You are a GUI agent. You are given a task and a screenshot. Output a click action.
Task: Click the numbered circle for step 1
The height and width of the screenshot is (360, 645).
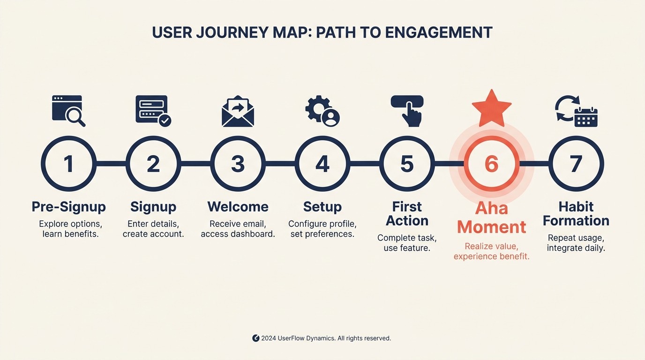pos(68,164)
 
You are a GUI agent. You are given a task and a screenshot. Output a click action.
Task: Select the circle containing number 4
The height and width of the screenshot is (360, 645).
pos(322,164)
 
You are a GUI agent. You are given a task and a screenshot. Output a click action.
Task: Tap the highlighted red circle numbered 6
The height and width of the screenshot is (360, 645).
pos(491,164)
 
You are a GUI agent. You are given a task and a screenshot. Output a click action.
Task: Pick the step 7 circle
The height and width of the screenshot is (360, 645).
pos(576,164)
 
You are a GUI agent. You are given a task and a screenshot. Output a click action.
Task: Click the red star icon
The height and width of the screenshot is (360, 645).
pos(491,107)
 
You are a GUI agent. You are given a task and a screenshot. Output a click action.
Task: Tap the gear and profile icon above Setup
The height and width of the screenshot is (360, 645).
pos(322,111)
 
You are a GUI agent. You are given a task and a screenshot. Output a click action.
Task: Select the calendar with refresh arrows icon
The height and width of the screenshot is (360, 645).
pos(576,111)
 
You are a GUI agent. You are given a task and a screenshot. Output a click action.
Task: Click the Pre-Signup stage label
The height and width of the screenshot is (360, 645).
pos(68,207)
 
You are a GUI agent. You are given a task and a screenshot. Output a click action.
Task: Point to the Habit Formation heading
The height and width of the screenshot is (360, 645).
pos(576,214)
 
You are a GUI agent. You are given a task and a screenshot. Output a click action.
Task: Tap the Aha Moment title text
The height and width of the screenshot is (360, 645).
pos(491,217)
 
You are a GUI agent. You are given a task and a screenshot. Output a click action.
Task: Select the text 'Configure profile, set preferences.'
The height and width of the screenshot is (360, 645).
pos(322,229)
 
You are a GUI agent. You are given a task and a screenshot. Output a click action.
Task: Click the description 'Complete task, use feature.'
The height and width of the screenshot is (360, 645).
pos(407,243)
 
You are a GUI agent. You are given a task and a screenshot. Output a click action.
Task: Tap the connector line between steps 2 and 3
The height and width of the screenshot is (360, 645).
pos(195,164)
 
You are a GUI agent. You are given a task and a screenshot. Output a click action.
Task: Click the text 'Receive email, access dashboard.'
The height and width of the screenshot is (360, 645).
pos(238,229)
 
